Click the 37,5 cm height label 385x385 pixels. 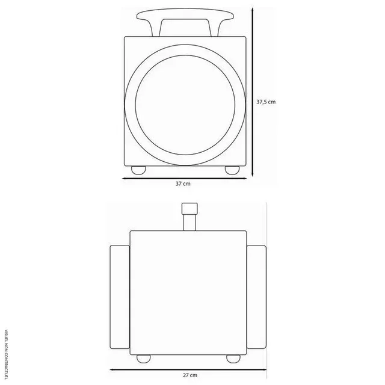(265, 102)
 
